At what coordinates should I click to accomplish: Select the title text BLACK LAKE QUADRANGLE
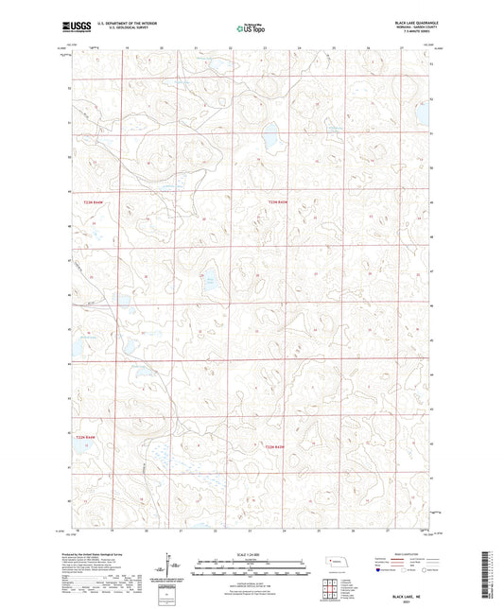point(409,21)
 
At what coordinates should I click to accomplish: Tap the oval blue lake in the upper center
point(270,142)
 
